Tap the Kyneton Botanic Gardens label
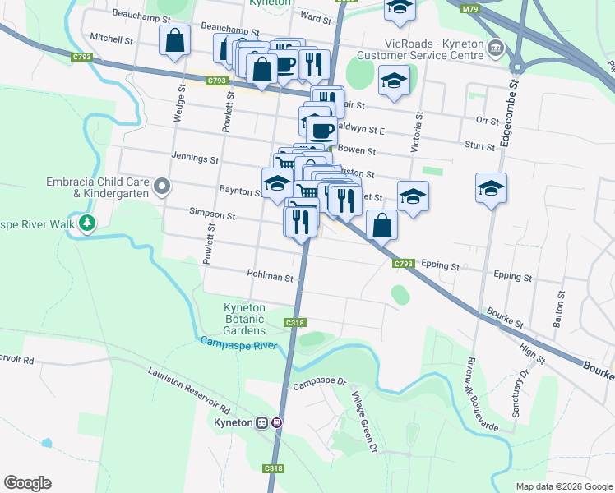(245, 319)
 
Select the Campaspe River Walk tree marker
(86, 223)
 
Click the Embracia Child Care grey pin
(162, 187)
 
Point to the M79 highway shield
(470, 9)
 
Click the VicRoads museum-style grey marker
(496, 47)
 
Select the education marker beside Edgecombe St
(491, 187)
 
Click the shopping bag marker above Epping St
(382, 224)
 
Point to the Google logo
(27, 483)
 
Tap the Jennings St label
(195, 158)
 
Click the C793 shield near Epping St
(403, 264)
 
